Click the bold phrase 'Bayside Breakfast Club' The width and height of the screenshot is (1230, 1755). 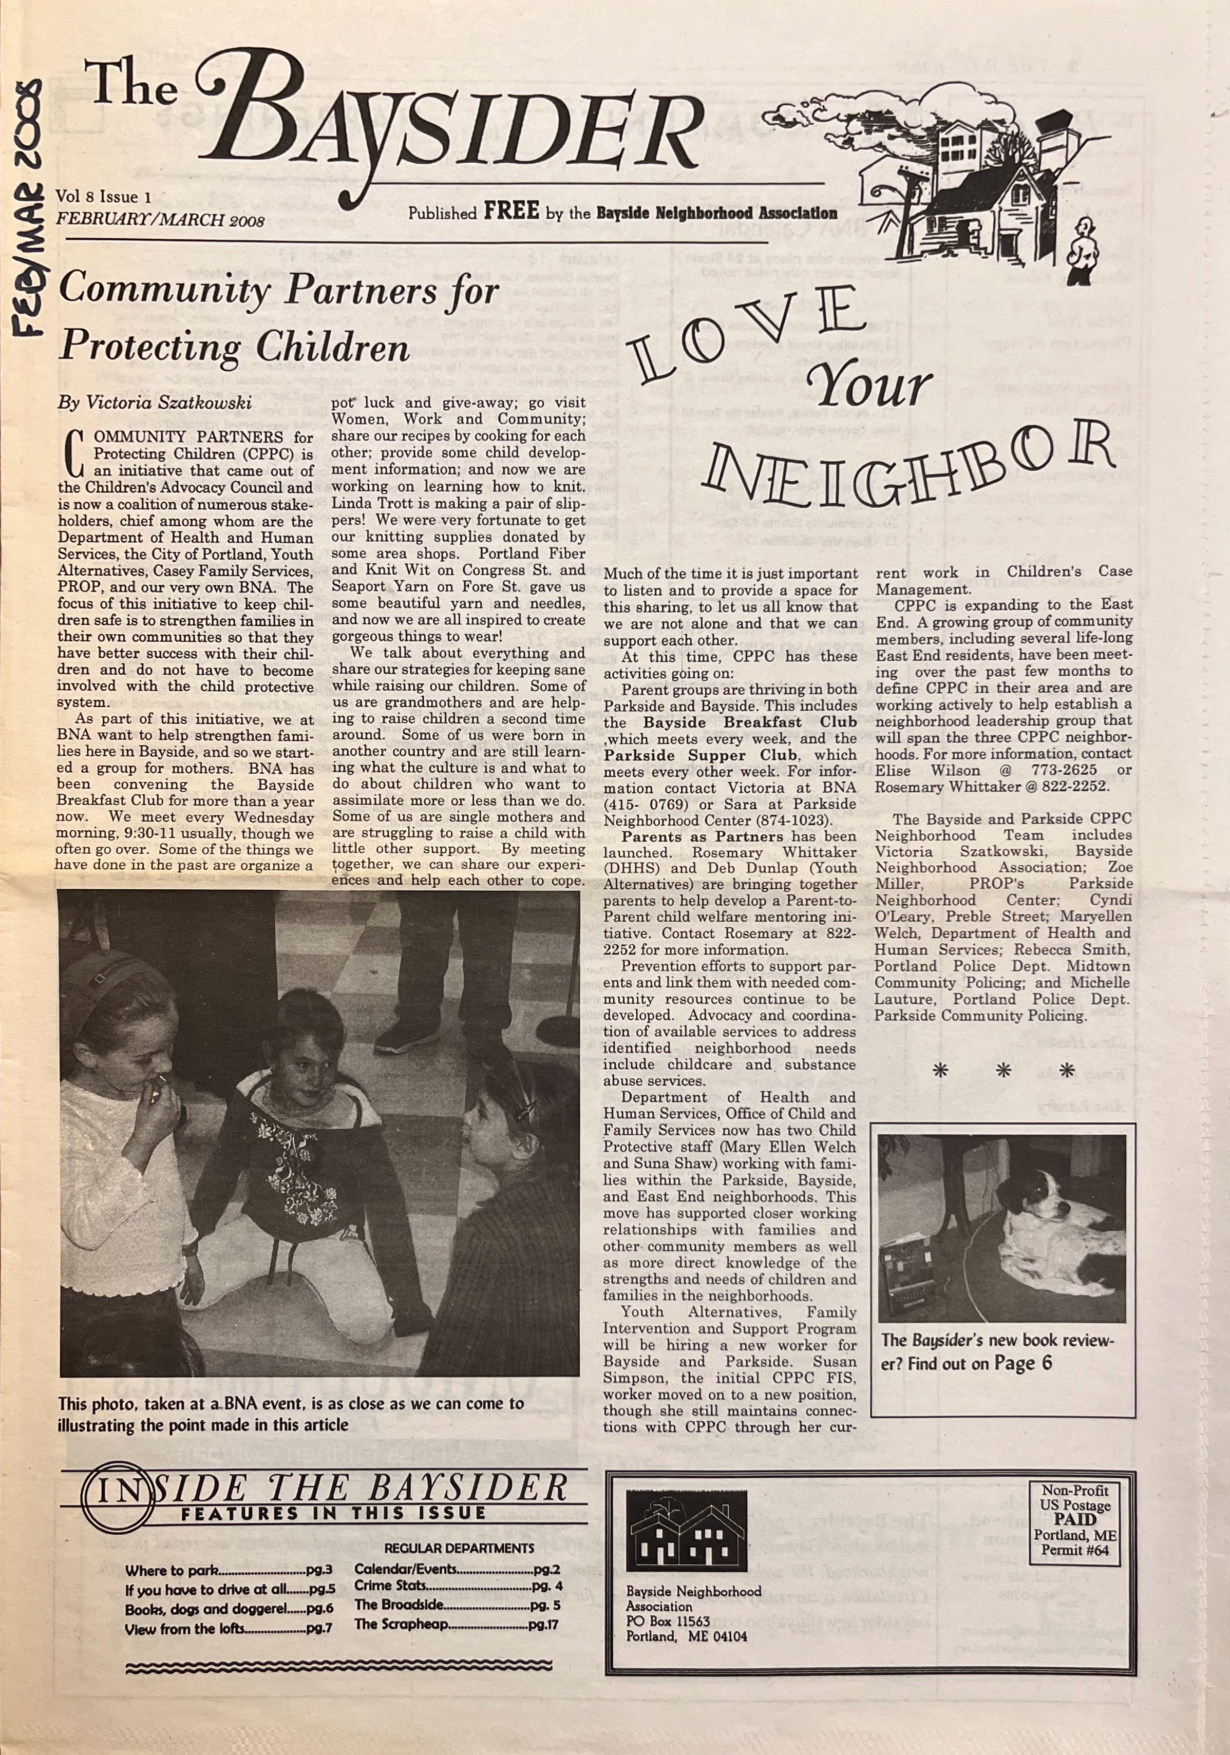749,722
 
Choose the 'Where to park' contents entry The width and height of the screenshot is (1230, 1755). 173,1571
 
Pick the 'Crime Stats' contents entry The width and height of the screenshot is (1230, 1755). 390,1586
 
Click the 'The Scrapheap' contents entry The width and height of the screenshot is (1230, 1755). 401,1624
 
